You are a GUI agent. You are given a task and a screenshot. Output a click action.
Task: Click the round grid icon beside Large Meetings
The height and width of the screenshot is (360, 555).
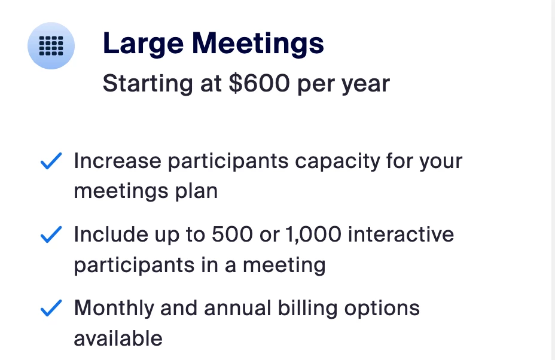(51, 45)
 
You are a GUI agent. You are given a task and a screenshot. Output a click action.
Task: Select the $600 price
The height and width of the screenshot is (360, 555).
(260, 84)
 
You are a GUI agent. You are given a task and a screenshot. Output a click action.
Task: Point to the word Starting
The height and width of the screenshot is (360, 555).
(148, 84)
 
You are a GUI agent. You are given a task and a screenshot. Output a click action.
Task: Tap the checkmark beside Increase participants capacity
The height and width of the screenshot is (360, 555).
(51, 161)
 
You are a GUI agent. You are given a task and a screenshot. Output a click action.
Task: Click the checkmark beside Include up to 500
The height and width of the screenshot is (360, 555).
(51, 234)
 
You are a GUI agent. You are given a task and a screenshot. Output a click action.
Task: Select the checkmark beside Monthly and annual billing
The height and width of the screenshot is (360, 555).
(51, 308)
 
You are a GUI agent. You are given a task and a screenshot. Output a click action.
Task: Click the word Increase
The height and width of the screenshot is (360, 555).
(118, 161)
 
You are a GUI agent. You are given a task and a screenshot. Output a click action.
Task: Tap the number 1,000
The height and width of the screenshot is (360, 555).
(313, 234)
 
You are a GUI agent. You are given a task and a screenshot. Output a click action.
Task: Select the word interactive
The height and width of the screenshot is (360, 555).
(401, 234)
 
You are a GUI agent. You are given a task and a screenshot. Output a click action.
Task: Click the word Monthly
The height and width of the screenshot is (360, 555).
(114, 309)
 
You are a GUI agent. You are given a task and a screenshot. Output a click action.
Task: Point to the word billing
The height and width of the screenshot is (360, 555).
(307, 309)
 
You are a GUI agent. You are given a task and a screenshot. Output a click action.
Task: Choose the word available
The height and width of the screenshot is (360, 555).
(118, 338)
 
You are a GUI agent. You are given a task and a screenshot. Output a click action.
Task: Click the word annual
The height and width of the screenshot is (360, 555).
(237, 308)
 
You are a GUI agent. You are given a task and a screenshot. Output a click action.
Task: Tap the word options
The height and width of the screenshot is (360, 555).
(382, 309)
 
